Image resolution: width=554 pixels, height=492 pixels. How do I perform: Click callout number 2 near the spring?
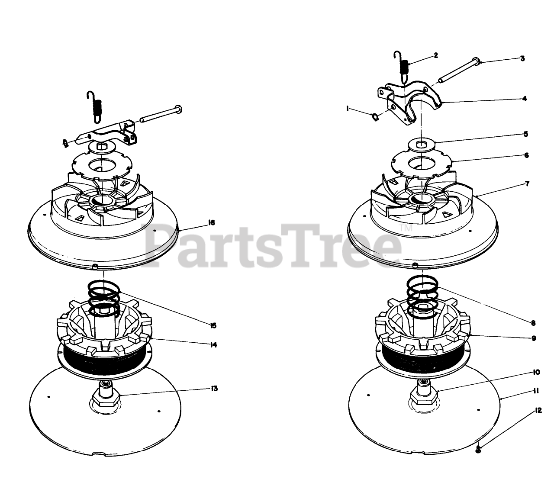(x=435, y=55)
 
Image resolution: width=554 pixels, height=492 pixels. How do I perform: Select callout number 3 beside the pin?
(x=522, y=58)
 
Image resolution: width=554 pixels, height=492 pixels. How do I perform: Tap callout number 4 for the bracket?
(x=524, y=99)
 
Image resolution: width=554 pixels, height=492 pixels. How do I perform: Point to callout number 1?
(x=348, y=109)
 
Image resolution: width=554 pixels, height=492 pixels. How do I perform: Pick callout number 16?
(x=211, y=222)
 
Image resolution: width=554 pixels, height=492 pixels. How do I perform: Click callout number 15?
(x=213, y=325)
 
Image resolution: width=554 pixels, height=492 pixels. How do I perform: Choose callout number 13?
(x=214, y=388)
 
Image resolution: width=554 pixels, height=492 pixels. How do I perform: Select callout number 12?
(x=538, y=418)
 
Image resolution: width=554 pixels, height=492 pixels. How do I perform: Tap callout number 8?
(x=533, y=323)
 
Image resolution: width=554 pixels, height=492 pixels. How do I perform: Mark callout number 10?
(x=536, y=372)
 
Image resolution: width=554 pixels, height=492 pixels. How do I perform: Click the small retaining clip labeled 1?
(x=375, y=117)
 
